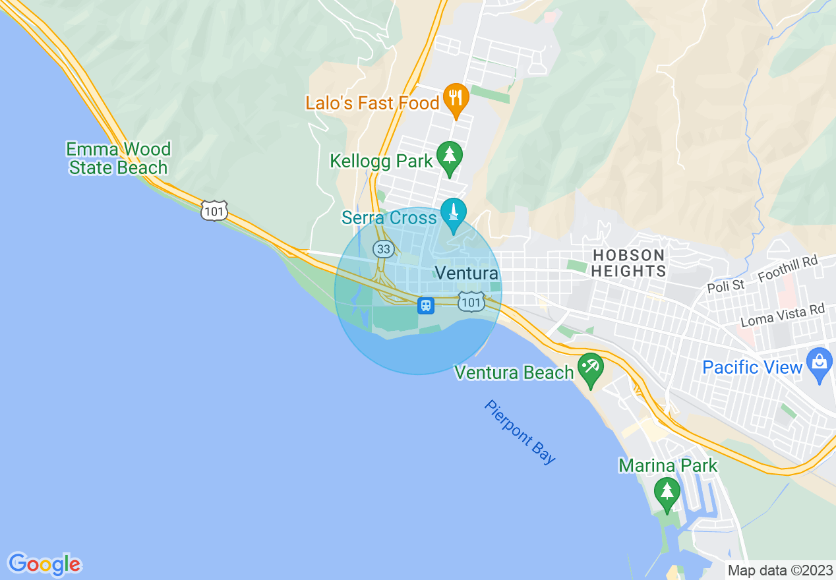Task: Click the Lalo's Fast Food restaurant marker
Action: [x=455, y=98]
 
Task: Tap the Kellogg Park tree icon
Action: [x=450, y=156]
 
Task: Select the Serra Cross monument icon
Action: [x=453, y=213]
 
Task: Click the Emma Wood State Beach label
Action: [x=119, y=158]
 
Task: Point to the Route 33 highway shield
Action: [x=383, y=249]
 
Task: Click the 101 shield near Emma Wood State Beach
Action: [x=214, y=211]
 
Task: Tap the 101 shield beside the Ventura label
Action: [x=471, y=302]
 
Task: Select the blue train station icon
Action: [x=426, y=306]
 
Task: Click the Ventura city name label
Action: [x=466, y=274]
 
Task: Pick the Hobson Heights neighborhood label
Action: [x=628, y=263]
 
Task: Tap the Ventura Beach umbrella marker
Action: [x=589, y=367]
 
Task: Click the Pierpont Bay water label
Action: [x=520, y=432]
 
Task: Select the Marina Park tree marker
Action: [x=667, y=492]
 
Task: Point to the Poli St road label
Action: [x=725, y=286]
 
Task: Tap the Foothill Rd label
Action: [x=788, y=269]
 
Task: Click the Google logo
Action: [x=44, y=564]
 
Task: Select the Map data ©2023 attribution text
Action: [x=780, y=570]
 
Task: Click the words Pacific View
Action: [x=752, y=367]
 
